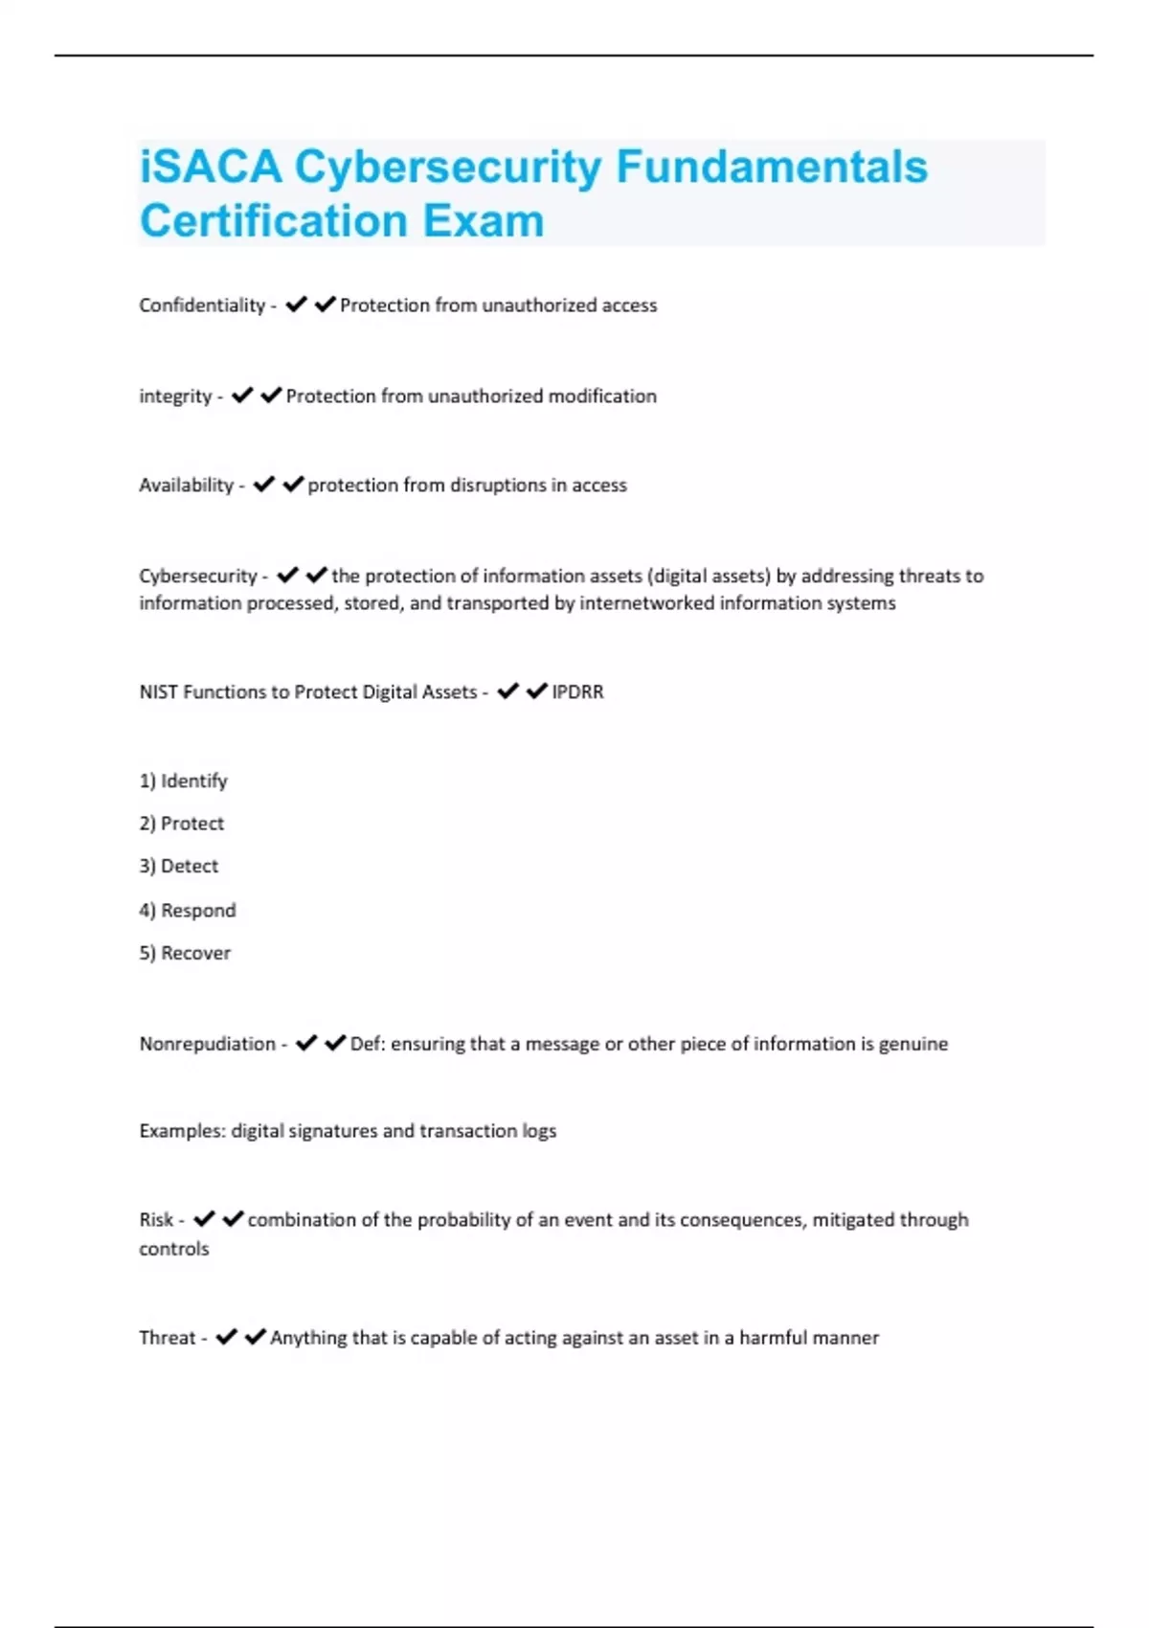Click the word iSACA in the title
pos(211,167)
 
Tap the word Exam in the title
pos(484,221)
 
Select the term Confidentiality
pos(202,305)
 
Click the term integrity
pos(175,396)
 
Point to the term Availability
pos(187,486)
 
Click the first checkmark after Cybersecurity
pos(287,576)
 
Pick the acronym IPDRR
pos(577,691)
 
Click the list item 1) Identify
pos(184,781)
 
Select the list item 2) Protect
pos(182,824)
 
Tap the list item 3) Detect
pos(179,866)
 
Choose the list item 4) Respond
pos(188,910)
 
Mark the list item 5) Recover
pos(185,953)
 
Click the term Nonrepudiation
pos(207,1044)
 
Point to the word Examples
pos(182,1131)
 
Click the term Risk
pos(156,1220)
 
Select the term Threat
pos(168,1338)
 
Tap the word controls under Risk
pos(173,1249)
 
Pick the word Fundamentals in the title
pos(772,167)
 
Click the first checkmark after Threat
pos(226,1337)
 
